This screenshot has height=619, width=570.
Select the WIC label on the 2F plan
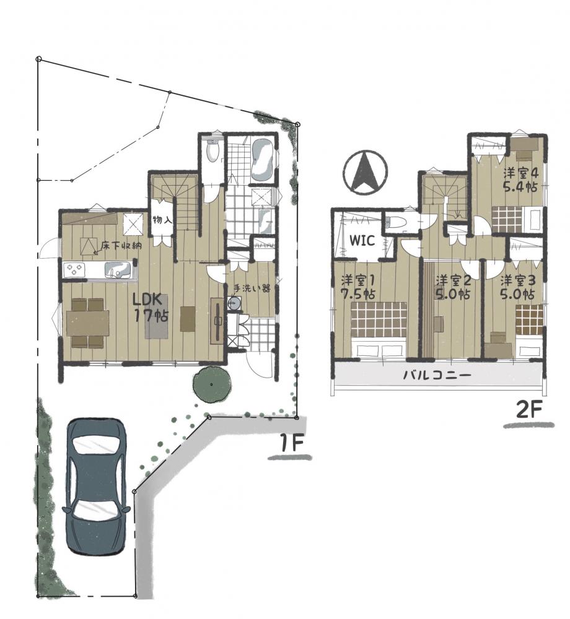click(x=362, y=240)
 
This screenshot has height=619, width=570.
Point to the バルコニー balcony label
click(x=437, y=374)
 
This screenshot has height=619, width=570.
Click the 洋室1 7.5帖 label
click(x=358, y=287)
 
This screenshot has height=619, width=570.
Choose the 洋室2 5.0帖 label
click(x=453, y=287)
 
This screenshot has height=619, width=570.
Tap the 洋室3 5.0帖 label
click(x=517, y=287)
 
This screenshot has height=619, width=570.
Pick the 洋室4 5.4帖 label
click(x=520, y=180)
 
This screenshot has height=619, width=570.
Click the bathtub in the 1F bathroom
click(x=261, y=160)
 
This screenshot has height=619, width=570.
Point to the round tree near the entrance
click(x=212, y=384)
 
